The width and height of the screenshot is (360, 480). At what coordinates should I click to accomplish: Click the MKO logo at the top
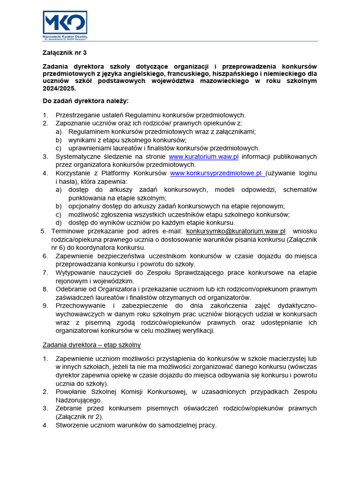(x=65, y=22)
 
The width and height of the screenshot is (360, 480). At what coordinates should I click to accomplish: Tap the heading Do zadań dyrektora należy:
(x=85, y=101)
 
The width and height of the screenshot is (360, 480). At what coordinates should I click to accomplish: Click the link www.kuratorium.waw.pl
(x=203, y=157)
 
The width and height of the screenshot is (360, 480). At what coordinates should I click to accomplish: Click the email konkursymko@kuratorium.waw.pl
(x=236, y=231)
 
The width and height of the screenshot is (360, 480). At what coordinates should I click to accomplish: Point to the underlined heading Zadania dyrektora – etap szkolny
(x=91, y=345)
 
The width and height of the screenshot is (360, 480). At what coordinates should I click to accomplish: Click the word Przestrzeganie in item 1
(x=78, y=115)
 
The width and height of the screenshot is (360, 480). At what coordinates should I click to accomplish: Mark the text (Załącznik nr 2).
(x=79, y=417)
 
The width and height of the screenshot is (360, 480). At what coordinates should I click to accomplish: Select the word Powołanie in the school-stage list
(x=72, y=391)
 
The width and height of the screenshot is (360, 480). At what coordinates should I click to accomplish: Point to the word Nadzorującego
(x=79, y=400)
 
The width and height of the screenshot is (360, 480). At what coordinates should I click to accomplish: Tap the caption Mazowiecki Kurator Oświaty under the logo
(x=65, y=36)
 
